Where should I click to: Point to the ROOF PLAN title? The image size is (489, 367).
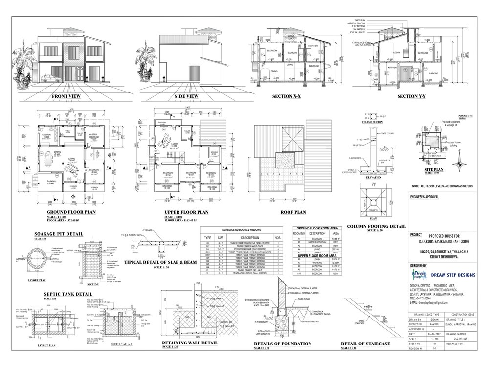pos(293,212)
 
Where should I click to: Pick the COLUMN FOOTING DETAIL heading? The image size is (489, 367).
pos(376,226)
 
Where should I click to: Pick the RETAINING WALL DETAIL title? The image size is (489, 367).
pos(189,343)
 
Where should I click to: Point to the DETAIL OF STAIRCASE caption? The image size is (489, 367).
pos(366,344)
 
